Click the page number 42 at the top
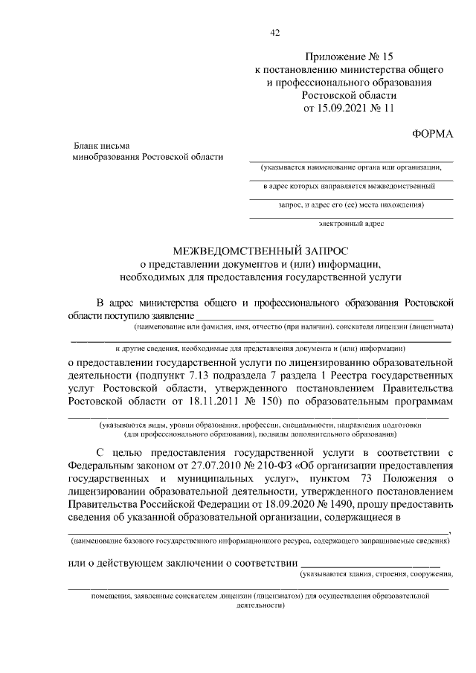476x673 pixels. click(274, 32)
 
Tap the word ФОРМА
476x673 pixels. click(432, 133)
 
